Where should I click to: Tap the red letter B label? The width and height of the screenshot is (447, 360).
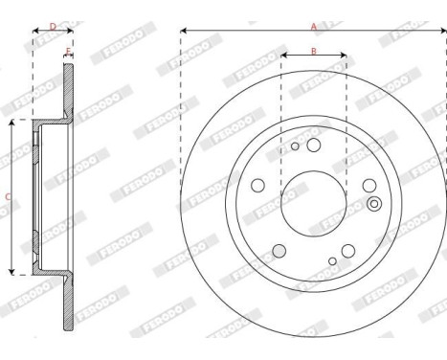point(313,50)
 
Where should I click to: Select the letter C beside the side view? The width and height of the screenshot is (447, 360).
point(9,197)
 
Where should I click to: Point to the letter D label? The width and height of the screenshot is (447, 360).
point(53,26)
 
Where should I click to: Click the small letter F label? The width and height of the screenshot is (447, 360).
point(68,51)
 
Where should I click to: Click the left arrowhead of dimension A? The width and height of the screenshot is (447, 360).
point(183,32)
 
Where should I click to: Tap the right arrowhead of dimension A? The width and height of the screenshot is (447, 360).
point(443,32)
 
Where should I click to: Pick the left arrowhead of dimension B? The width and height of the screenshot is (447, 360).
point(283,56)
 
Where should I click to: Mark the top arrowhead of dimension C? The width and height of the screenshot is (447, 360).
point(11,124)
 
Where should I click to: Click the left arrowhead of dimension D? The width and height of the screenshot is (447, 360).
point(35,32)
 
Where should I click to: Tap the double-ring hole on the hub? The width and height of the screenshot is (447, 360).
point(373,202)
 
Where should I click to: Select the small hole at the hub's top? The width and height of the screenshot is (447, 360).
point(296,146)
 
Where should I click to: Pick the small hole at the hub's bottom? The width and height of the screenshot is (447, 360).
point(332,260)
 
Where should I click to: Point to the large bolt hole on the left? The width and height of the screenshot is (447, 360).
point(257,188)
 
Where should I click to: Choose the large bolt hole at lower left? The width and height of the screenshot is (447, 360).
point(279,252)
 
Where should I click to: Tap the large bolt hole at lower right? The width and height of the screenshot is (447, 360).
point(347,251)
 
